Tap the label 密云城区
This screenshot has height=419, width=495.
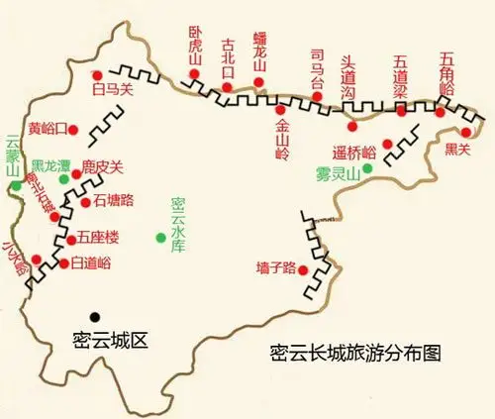point(110,341)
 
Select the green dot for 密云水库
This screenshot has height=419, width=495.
point(161,236)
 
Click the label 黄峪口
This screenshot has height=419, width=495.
point(49,128)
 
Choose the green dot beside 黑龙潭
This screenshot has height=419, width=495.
point(64,179)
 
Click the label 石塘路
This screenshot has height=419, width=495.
point(115,200)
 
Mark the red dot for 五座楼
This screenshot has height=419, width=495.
point(70,238)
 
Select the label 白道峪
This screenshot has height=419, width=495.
point(91,262)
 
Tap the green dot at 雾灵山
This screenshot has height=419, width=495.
point(367,168)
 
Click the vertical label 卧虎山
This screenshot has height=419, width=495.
point(195,49)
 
